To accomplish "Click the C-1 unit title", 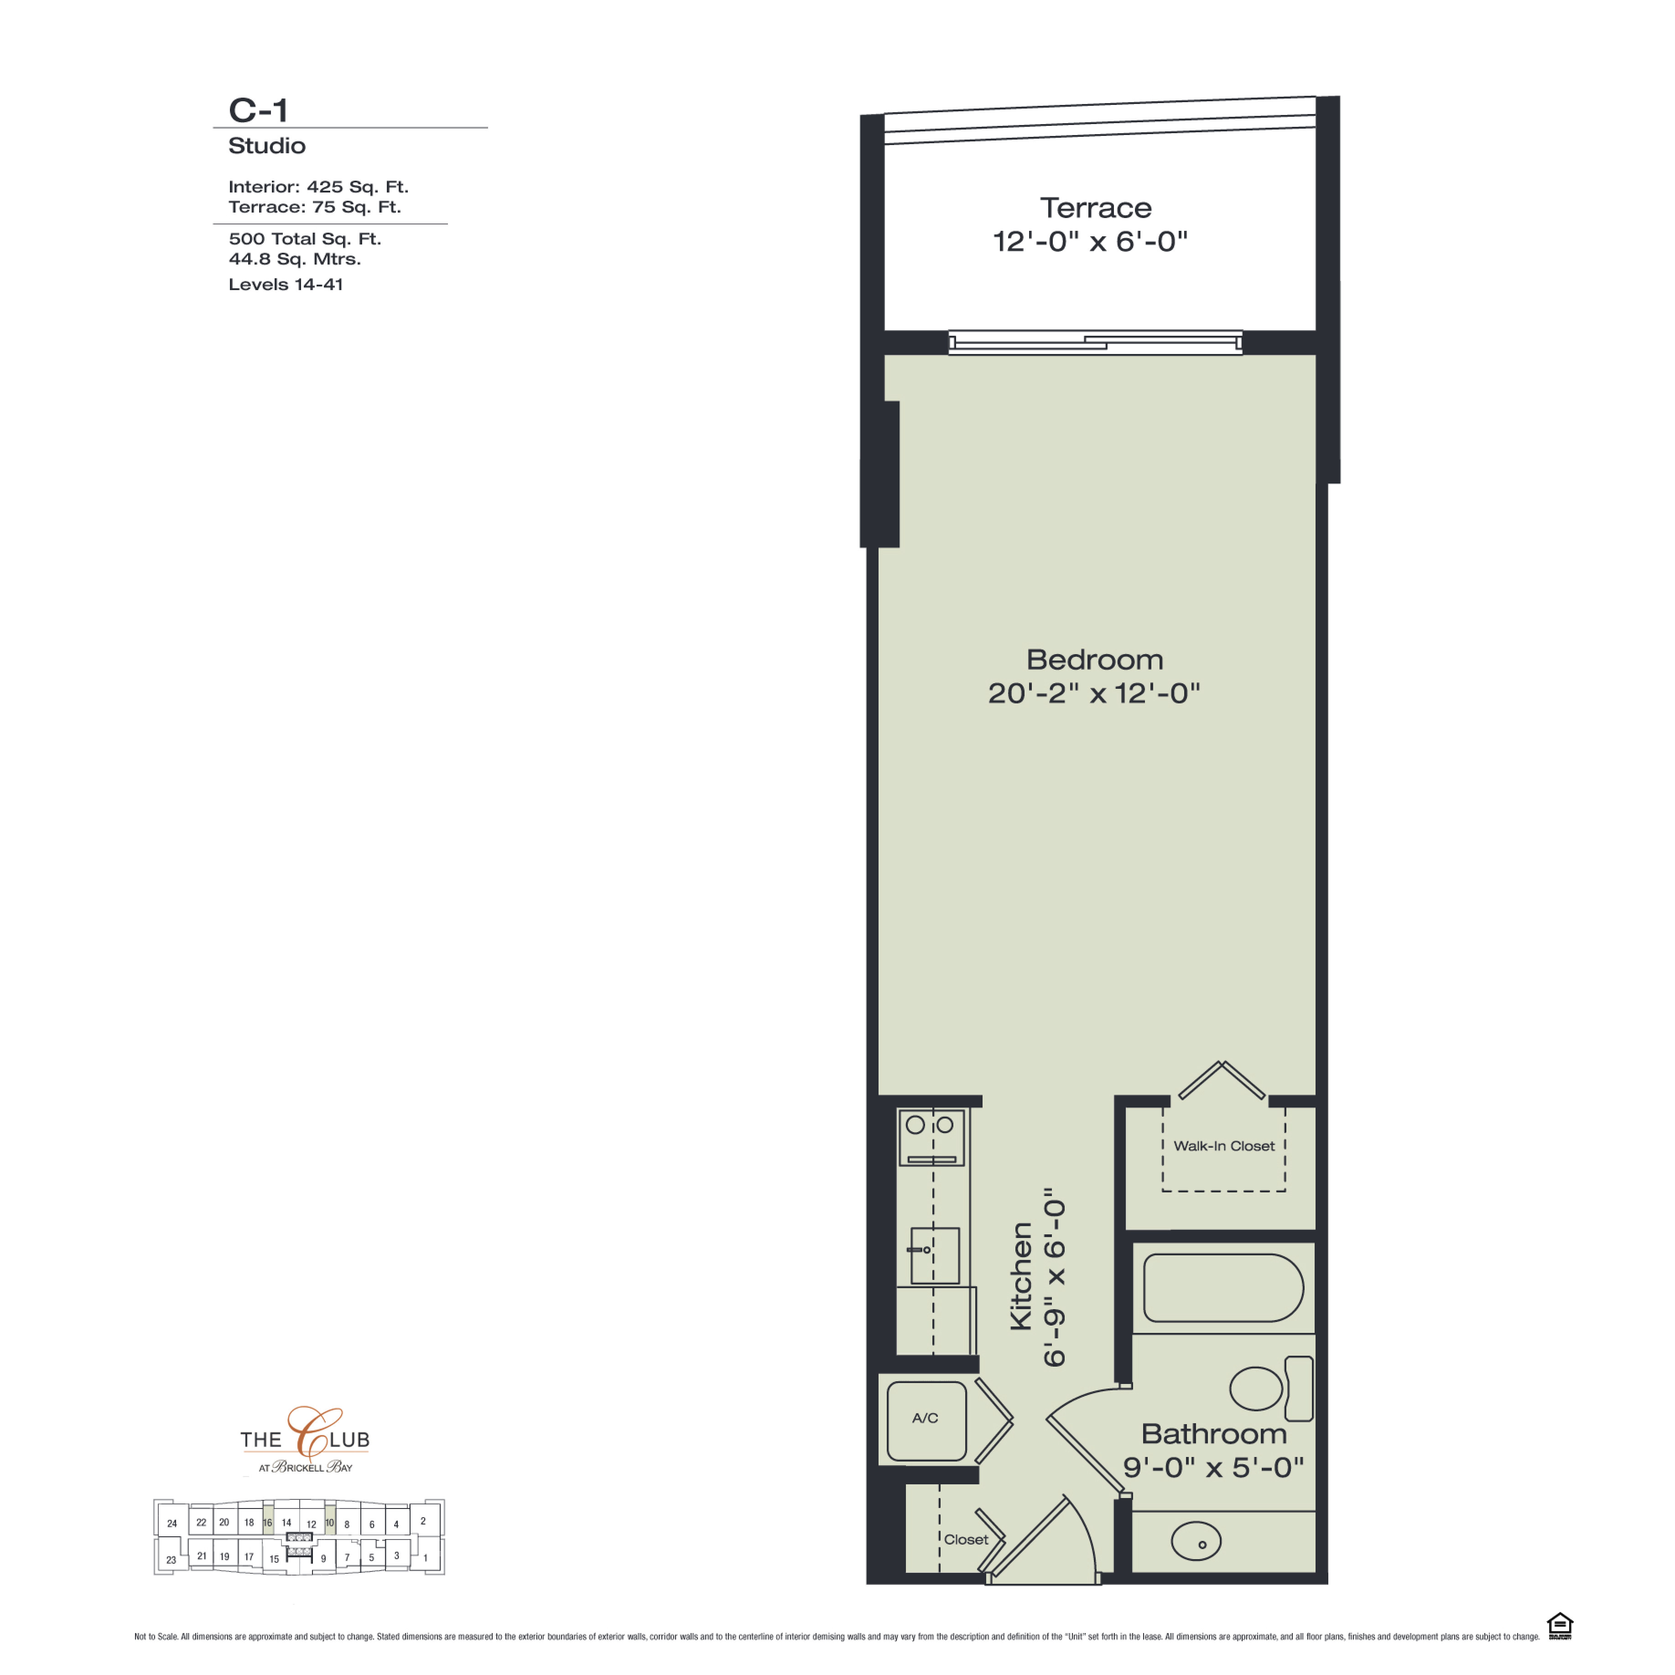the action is [257, 110].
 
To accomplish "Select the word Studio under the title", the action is [267, 146].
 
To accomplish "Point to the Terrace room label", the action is [1096, 208].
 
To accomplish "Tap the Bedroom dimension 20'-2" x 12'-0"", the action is [1094, 693].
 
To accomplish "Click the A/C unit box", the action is [926, 1422].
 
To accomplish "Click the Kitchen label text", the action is [1022, 1276].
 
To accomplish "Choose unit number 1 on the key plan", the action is [426, 1558].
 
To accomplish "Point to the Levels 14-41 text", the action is [286, 284].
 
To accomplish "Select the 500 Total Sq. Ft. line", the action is [305, 239].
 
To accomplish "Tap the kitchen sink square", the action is [935, 1255].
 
